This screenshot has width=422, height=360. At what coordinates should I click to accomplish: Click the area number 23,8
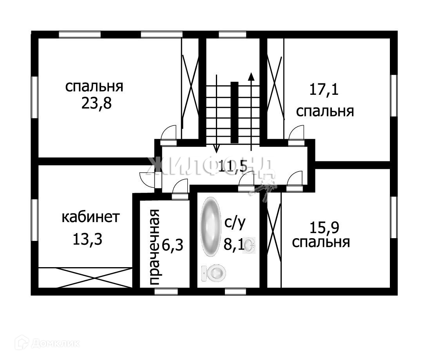point(96,104)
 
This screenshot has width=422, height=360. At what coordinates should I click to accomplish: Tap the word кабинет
point(90,217)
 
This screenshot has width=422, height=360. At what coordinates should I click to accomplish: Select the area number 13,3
point(87,239)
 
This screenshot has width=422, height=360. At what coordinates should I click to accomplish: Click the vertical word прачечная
point(155,247)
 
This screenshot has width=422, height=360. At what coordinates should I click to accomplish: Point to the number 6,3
point(173,246)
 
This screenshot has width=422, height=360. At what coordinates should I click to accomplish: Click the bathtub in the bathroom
point(211,227)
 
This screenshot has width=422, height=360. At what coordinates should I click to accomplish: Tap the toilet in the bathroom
point(214,273)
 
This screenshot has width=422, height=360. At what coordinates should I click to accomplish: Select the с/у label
point(235,223)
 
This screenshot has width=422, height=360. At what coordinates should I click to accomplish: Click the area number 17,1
point(324,90)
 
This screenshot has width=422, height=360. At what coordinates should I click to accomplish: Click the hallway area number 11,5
point(233,166)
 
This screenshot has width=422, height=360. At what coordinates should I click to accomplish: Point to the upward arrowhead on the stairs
point(251,76)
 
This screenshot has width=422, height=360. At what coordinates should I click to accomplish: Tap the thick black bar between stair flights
point(234,112)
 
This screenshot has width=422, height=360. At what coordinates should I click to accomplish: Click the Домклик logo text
point(55,344)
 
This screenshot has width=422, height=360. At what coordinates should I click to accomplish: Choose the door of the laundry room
point(180,188)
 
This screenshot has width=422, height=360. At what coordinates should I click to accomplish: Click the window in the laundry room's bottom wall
point(166,291)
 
